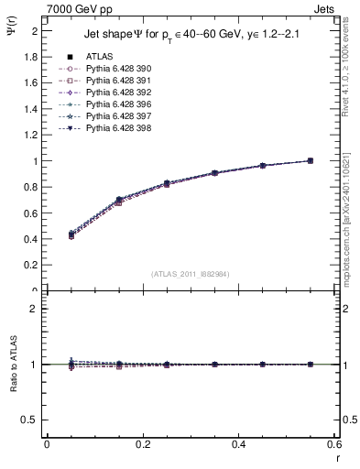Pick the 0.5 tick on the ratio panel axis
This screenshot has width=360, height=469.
click(31, 420)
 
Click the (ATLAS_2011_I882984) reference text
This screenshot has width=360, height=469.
click(190, 273)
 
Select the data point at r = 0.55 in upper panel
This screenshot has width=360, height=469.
click(310, 161)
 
